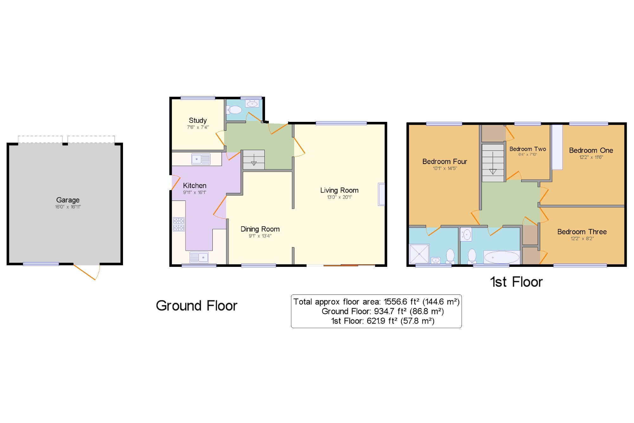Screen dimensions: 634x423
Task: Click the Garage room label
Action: [68, 200]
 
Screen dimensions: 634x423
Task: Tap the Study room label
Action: [198, 120]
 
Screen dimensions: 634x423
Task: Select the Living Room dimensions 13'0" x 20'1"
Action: [340, 197]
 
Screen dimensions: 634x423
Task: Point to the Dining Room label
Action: [260, 229]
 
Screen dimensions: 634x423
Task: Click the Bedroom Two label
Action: [528, 149]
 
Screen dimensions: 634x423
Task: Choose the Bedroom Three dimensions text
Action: [582, 239]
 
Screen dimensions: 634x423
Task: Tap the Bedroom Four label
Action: [445, 162]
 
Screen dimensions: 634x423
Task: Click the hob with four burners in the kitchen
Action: [179, 224]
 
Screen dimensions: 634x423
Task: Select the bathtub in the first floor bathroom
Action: [502, 257]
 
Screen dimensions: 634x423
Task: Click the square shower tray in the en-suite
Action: [419, 254]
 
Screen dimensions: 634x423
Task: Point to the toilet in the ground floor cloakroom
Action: [234, 110]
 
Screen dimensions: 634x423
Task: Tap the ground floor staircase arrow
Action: [254, 160]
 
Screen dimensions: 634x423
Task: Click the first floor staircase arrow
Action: [493, 163]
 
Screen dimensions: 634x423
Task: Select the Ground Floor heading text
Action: [197, 306]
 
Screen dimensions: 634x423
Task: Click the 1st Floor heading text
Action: [516, 282]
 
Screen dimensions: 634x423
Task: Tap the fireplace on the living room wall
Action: [381, 194]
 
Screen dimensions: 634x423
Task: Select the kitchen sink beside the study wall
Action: [201, 159]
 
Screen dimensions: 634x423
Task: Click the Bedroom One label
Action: [591, 150]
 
